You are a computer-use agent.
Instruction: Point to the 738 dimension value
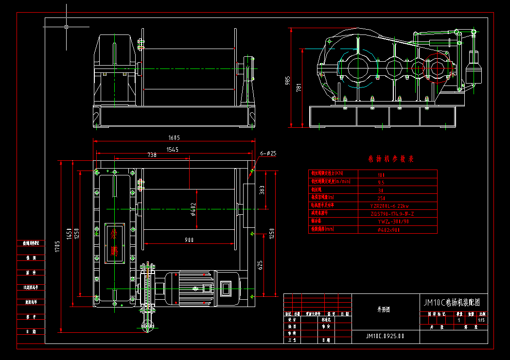(x=152, y=155)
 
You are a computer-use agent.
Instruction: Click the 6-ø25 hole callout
(x=268, y=154)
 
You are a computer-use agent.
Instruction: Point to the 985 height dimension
(x=288, y=80)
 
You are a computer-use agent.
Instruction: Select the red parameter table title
(x=390, y=159)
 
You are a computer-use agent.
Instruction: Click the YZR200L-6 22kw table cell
(x=389, y=206)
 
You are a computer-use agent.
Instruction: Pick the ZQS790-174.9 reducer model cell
(x=392, y=213)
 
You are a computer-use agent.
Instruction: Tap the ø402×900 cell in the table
(x=388, y=229)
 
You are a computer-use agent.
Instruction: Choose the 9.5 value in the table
(x=381, y=183)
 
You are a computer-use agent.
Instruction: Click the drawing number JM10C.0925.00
(x=385, y=336)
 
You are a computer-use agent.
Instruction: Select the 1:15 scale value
(x=481, y=320)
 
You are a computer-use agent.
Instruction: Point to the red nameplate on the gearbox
(x=114, y=241)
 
